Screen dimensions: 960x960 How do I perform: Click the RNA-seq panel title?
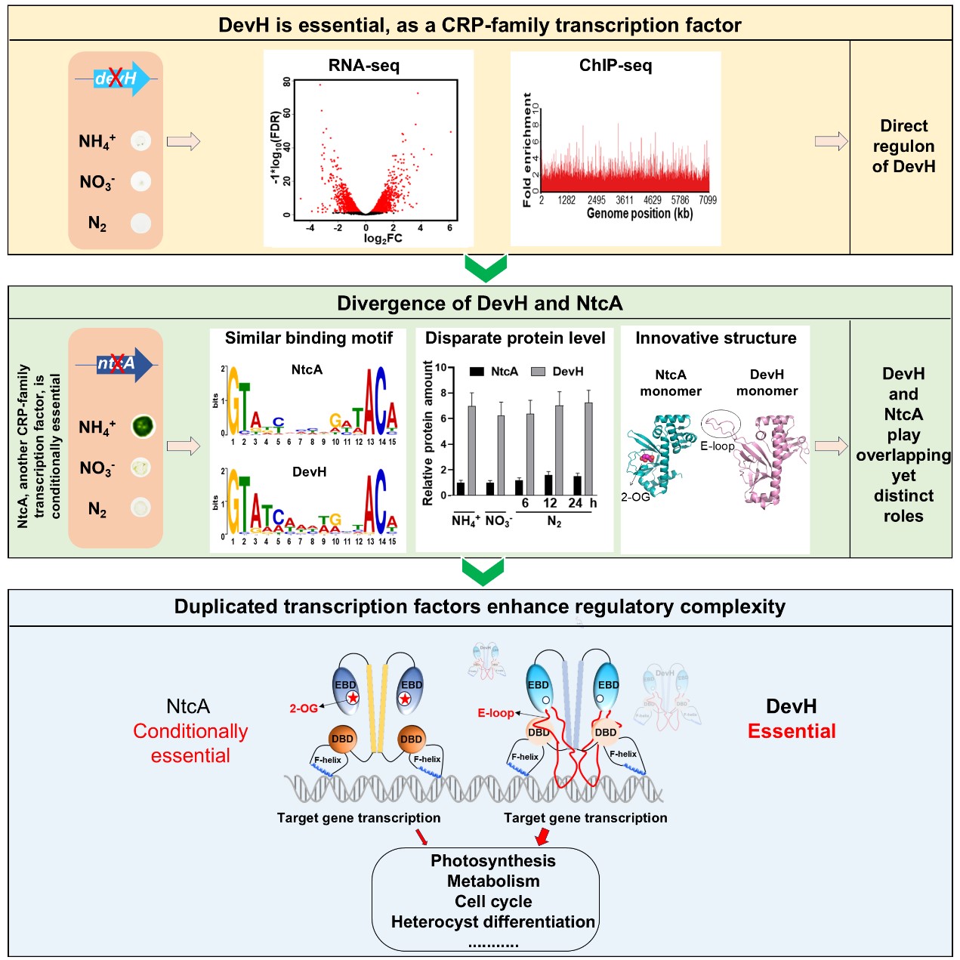(x=363, y=66)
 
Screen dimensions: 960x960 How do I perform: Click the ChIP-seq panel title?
(x=615, y=66)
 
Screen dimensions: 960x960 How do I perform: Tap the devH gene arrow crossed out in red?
(x=118, y=78)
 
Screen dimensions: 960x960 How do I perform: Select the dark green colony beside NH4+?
(x=142, y=427)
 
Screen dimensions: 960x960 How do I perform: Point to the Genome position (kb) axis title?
(x=639, y=214)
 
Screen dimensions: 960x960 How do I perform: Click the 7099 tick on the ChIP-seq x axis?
(x=708, y=200)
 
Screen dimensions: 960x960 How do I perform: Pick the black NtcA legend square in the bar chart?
(x=477, y=372)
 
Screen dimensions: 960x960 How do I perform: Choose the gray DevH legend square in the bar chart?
(x=539, y=372)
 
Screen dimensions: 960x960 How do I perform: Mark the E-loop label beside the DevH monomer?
(x=717, y=446)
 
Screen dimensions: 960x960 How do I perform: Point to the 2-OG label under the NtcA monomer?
(x=635, y=497)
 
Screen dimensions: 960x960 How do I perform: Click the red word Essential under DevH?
(x=792, y=731)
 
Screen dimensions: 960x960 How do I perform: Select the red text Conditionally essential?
(x=190, y=743)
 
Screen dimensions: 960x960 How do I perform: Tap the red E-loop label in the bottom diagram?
(x=495, y=712)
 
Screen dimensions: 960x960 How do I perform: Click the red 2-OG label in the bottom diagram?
(x=304, y=708)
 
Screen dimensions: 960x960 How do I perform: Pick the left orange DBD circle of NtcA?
(x=342, y=739)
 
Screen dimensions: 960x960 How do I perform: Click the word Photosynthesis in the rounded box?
(x=493, y=861)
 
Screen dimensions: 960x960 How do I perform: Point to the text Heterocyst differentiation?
(x=493, y=922)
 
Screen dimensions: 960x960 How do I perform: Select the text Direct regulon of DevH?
(x=903, y=147)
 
